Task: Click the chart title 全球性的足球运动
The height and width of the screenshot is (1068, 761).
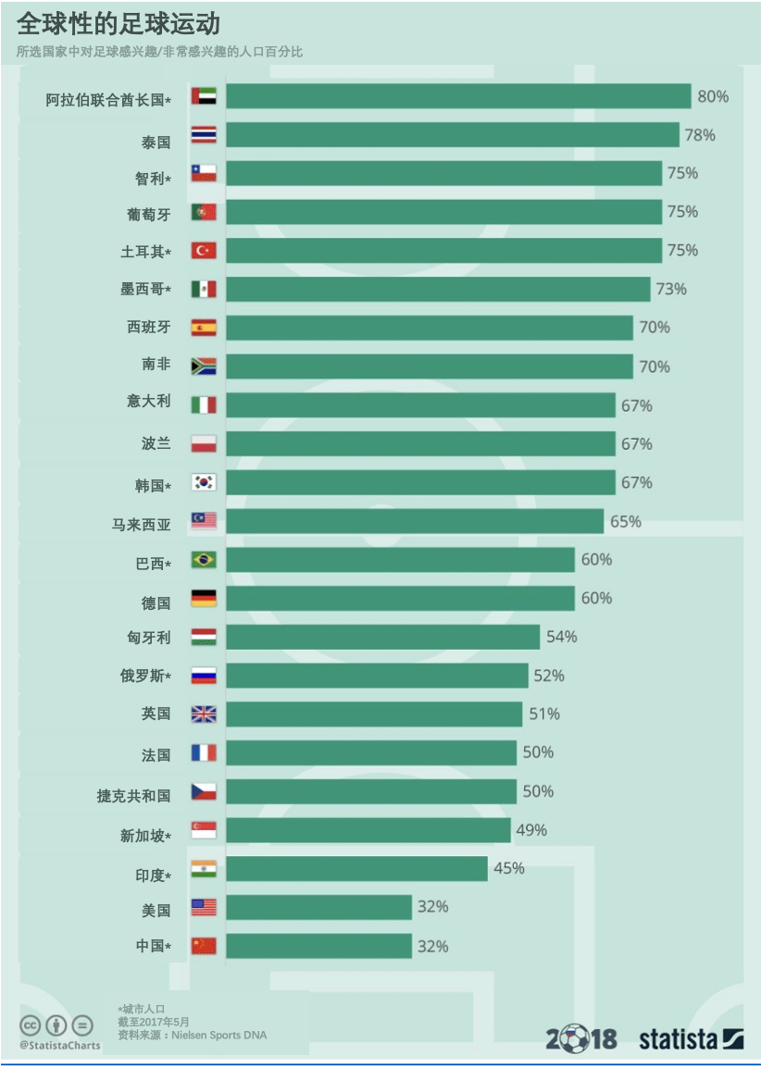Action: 119,23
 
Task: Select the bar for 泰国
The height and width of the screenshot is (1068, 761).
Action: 452,135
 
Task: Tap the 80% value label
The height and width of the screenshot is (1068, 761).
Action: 713,96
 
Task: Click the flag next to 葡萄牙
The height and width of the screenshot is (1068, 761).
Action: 204,212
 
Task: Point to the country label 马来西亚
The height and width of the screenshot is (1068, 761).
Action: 142,524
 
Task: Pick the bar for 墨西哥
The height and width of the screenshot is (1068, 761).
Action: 438,289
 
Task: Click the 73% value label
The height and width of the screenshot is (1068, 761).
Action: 671,289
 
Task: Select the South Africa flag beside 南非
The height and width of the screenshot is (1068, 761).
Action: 204,366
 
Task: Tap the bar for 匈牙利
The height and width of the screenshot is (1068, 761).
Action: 382,637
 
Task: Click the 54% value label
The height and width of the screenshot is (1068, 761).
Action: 562,637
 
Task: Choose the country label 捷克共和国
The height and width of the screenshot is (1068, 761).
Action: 134,795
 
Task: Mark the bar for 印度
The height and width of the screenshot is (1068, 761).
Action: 356,868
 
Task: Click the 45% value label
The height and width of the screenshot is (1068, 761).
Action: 509,868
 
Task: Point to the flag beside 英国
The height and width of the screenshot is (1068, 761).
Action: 204,714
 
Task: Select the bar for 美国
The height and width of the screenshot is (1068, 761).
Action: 318,907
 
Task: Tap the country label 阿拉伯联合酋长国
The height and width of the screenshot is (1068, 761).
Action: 108,100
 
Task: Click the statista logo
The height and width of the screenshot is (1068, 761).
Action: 691,1039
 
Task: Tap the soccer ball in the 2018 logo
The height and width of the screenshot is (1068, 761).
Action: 574,1038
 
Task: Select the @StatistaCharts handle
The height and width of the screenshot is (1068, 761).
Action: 60,1046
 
